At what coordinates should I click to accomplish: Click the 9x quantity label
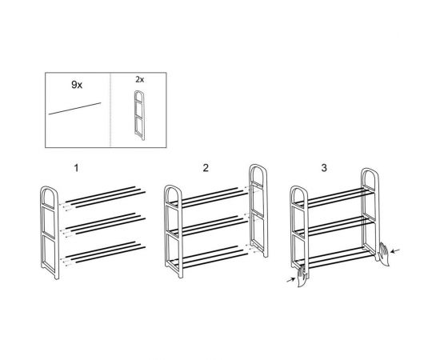pos(77,85)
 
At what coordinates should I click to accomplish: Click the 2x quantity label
pos(139,80)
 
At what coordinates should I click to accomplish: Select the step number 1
pos(76,168)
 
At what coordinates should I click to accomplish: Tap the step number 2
pos(206,168)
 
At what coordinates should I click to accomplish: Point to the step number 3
pos(324,168)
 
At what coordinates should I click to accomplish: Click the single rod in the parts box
pos(74,109)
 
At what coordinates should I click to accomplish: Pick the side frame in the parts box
pos(139,115)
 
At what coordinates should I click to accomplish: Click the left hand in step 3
pos(302,276)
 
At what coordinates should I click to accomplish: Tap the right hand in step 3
pos(383,254)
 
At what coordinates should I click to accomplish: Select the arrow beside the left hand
pos(290,279)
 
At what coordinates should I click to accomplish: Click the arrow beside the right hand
pos(396,250)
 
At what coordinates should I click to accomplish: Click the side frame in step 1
pos(50,232)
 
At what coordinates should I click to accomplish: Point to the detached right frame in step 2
pos(258,210)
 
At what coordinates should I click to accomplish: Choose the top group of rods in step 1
pos(106,197)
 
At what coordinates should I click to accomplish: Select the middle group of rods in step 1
pos(106,224)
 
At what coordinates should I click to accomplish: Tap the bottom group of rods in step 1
pos(106,252)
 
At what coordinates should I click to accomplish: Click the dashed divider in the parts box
pos(110,110)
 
